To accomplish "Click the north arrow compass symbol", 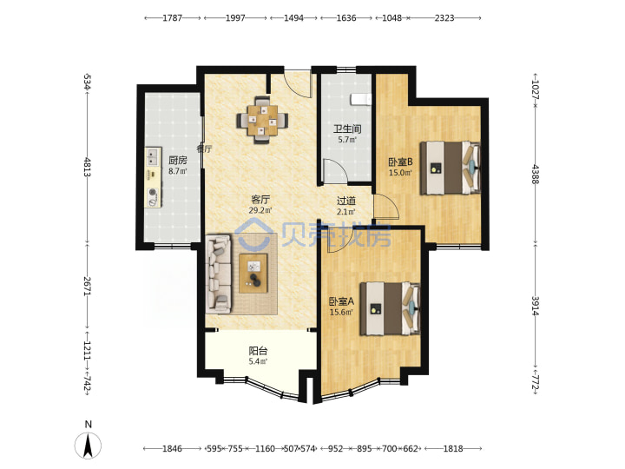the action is [88, 445].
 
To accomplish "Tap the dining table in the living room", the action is [263, 120].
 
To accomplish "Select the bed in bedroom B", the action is [451, 168].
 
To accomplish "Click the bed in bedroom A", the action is [391, 308].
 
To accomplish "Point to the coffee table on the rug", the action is [253, 274].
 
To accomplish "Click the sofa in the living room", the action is [219, 274].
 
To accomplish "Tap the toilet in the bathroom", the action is [361, 99].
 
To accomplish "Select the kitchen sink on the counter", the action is [153, 156].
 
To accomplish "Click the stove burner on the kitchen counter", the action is [153, 192].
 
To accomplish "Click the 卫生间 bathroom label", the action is [347, 129].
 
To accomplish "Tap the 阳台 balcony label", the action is [258, 351].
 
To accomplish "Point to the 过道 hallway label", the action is [346, 201].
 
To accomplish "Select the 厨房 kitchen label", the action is [177, 161].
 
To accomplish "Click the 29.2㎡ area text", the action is [260, 210].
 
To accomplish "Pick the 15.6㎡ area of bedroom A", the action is [341, 313].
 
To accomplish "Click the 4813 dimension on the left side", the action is [88, 168].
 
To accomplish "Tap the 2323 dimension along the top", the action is [444, 18].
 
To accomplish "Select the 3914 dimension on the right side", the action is [535, 306].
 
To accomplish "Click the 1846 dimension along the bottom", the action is [172, 449].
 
